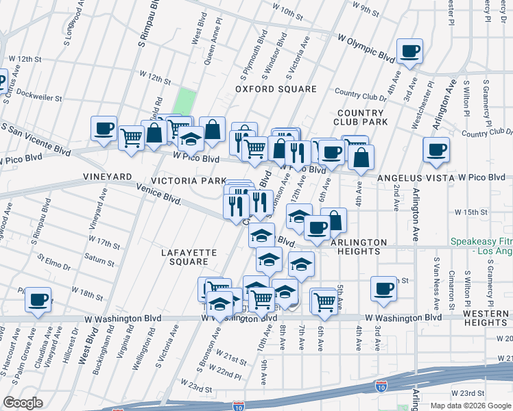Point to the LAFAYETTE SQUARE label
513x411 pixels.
189,257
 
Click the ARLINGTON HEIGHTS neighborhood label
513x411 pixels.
359,247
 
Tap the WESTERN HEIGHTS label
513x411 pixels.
485,317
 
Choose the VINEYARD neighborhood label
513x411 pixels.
107,177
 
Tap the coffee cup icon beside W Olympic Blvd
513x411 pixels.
409,51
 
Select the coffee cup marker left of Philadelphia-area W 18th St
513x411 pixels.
38,300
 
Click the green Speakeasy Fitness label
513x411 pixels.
481,247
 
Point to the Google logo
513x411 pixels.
23,402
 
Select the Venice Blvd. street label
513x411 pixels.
158,196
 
